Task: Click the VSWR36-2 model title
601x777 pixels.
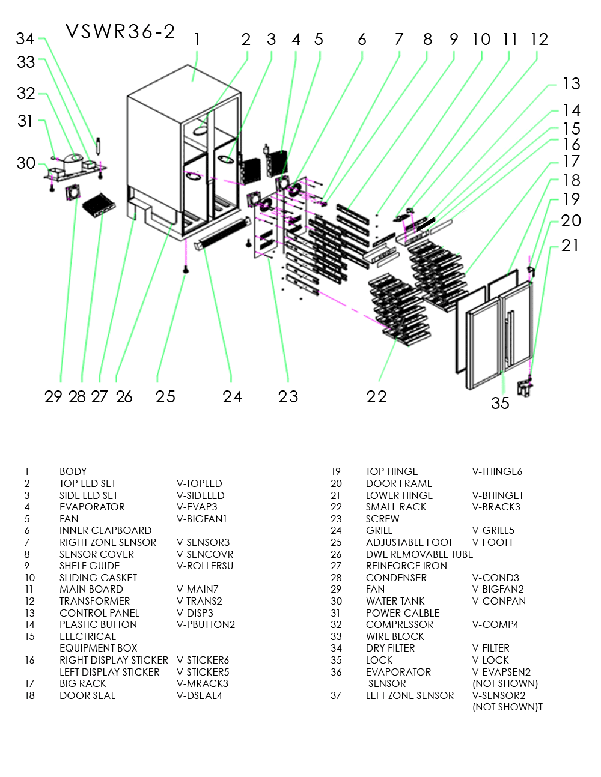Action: click(x=120, y=31)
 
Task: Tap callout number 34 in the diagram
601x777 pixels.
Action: click(x=25, y=39)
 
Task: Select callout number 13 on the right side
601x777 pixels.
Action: click(x=571, y=84)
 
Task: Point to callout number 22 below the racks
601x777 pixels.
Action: click(x=377, y=396)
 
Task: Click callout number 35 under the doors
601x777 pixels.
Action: click(x=500, y=403)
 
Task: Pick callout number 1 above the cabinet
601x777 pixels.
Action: click(x=197, y=40)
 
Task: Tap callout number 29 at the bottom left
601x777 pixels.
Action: click(x=53, y=396)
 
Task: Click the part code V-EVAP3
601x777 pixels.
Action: click(x=197, y=507)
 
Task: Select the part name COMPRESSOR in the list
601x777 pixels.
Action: click(x=399, y=624)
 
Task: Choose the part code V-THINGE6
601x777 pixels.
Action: click(x=497, y=471)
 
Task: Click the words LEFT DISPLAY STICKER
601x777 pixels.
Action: click(x=109, y=672)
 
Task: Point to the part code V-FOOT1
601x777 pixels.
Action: click(x=492, y=542)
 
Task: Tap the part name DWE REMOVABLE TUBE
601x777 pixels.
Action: click(x=419, y=554)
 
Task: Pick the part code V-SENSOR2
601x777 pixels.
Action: click(x=498, y=695)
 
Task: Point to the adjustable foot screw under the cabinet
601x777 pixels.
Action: click(x=186, y=270)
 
